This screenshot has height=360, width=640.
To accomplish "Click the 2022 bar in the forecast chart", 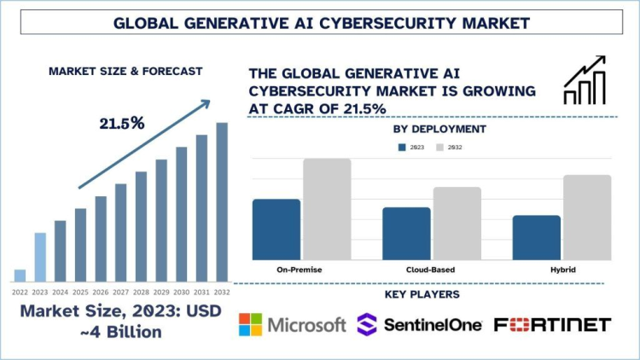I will pos(20,276).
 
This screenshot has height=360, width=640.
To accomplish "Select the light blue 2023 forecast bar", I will pos(40,257).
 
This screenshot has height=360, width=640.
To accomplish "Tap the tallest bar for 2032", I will pos(222,202).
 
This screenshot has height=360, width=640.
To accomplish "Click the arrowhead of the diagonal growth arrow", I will pos(205,104).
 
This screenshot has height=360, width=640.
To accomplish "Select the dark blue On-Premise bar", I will pos(276,229).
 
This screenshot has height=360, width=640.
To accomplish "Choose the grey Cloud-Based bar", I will pos(457,224).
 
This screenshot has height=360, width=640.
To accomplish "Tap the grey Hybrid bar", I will pos(587,218).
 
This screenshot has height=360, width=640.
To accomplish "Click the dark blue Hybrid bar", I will pos(537,237).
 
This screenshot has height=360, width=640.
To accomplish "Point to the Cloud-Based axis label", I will pos(431,270).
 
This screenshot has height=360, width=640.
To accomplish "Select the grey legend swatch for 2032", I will pos(440,147).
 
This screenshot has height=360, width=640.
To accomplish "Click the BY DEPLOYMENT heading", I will pos(439,129).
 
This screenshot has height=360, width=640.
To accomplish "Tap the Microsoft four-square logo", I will pos(250,324).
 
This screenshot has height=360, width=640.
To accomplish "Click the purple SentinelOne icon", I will pos(367,324).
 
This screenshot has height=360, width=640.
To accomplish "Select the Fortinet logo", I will pos(552,324).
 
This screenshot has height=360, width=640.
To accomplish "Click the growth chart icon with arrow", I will pos(585,80).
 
